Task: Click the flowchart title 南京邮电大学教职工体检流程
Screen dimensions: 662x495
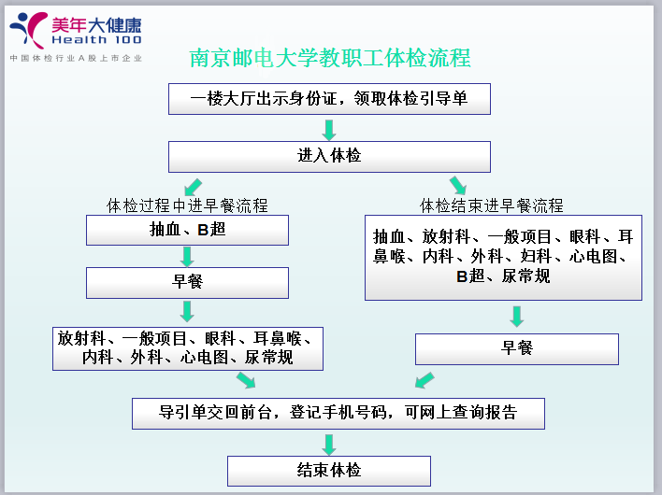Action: click(x=330, y=58)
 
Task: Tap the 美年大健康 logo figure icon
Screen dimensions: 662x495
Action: click(x=28, y=31)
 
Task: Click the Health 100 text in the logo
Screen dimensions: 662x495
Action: click(x=96, y=39)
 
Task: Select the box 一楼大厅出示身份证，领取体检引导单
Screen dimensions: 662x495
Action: click(x=329, y=99)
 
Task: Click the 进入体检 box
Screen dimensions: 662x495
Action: click(x=329, y=156)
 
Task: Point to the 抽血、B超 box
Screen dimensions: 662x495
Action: click(x=187, y=230)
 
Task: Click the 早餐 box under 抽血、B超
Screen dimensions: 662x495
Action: click(x=187, y=282)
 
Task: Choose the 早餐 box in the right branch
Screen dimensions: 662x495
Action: click(x=517, y=349)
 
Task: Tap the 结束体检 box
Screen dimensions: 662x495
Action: click(x=329, y=471)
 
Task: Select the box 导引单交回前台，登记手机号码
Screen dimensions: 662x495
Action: click(x=338, y=414)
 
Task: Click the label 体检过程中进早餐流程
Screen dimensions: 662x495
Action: click(x=187, y=205)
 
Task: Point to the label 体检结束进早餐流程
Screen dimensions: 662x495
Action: click(x=492, y=205)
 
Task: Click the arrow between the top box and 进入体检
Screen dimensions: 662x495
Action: click(x=329, y=130)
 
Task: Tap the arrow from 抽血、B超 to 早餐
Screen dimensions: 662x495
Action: click(x=187, y=257)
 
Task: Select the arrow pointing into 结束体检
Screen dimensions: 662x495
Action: click(x=329, y=445)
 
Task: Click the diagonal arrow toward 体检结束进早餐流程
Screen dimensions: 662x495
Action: click(x=458, y=186)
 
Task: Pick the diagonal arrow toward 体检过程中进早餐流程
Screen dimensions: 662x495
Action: click(x=193, y=187)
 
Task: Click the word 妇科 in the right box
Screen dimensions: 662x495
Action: click(x=536, y=256)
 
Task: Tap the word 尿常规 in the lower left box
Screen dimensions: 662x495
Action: click(x=269, y=357)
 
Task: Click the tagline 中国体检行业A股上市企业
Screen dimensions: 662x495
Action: click(x=76, y=58)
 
